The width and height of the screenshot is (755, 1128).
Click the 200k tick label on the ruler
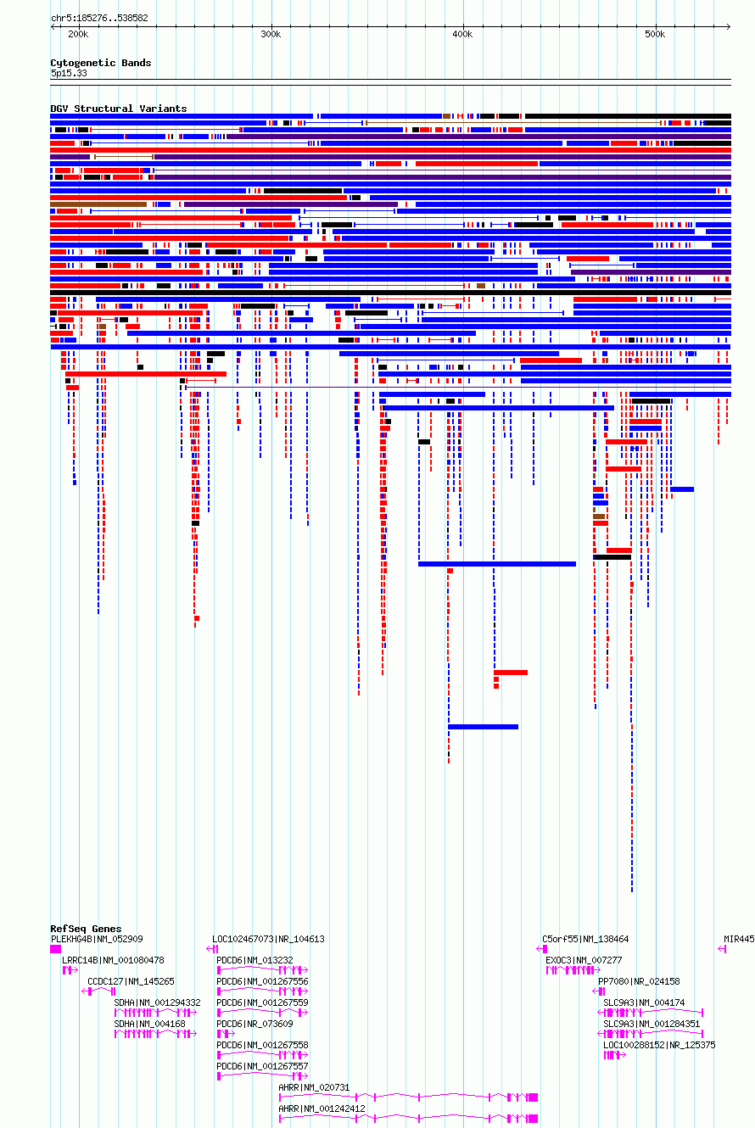click(78, 34)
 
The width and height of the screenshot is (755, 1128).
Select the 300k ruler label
click(271, 34)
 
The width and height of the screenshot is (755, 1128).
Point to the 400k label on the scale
click(462, 34)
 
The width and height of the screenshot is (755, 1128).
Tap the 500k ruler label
click(655, 34)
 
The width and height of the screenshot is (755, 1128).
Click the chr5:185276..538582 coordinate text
click(99, 18)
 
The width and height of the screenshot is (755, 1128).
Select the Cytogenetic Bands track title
click(101, 63)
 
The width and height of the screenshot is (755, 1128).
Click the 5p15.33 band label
click(69, 74)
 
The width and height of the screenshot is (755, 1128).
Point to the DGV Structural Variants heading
click(119, 109)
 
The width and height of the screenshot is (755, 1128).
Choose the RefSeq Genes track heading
click(86, 929)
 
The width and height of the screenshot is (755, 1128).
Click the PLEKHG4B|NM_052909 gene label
click(97, 939)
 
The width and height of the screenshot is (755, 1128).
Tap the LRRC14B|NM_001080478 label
click(113, 960)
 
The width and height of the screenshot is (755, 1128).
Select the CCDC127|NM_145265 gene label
click(131, 981)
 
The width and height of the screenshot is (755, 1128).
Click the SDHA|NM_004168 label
click(149, 1024)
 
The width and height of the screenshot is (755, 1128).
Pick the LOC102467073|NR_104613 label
click(268, 939)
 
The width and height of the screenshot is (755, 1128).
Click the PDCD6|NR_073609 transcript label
click(254, 1024)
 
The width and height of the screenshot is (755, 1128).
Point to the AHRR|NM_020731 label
click(314, 1087)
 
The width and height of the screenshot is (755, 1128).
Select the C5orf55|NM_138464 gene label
click(585, 939)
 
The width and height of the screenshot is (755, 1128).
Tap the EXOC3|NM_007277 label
click(584, 960)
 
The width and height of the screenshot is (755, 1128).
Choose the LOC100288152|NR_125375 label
click(659, 1045)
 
